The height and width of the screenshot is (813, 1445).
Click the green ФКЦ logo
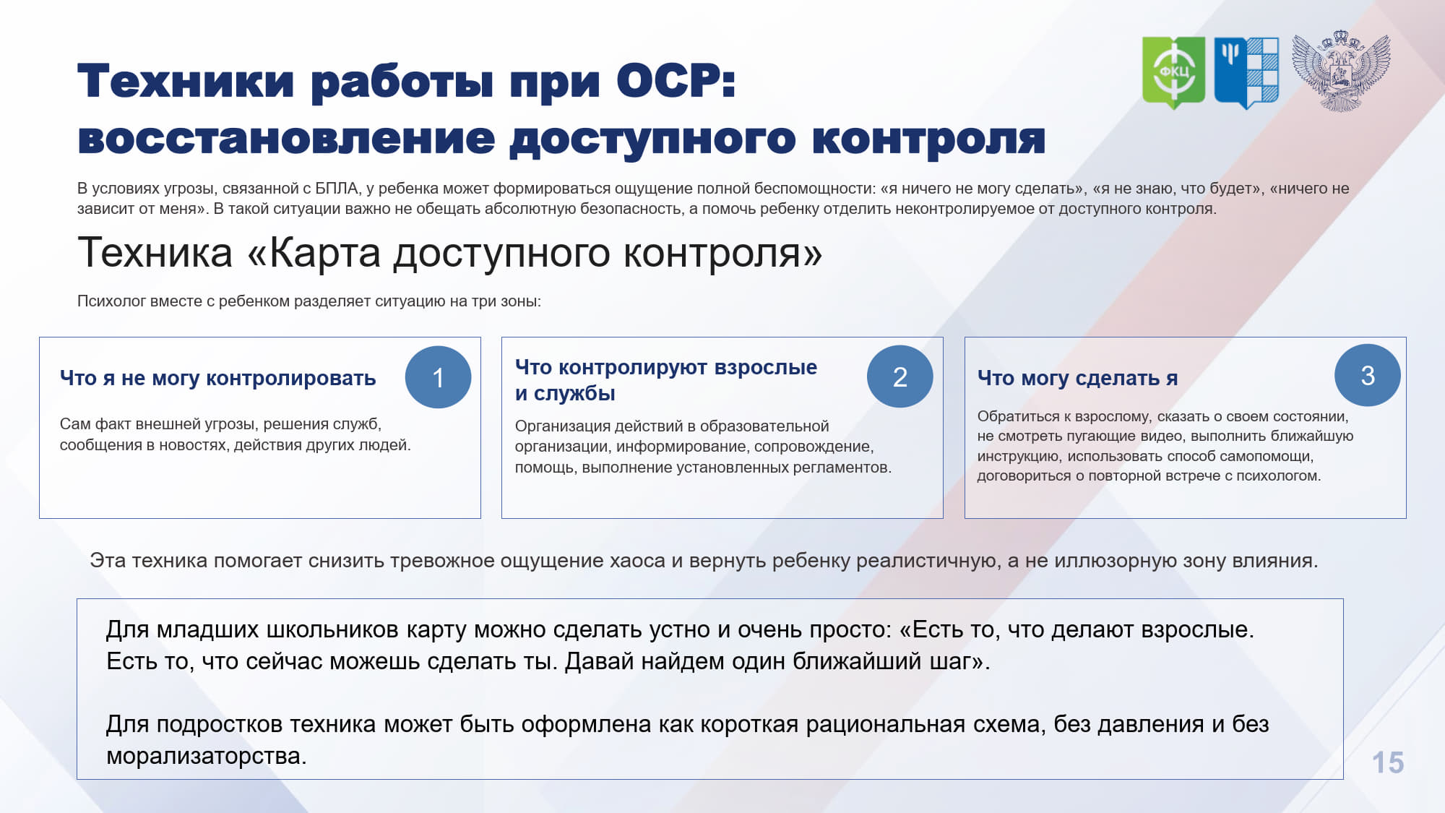tap(1173, 72)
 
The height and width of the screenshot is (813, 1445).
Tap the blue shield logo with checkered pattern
tap(1246, 72)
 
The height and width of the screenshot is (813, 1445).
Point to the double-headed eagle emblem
tap(1341, 71)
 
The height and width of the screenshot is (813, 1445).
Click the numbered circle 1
tap(438, 377)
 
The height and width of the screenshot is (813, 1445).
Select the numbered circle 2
tap(900, 377)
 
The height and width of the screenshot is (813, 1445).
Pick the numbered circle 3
tap(1368, 375)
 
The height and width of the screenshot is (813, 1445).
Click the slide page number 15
tap(1387, 762)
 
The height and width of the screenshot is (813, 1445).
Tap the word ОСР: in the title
tap(676, 80)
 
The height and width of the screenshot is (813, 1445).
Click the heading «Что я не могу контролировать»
tap(217, 378)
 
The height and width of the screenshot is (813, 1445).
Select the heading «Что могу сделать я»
tap(1077, 377)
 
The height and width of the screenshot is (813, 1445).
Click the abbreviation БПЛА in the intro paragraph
tap(337, 189)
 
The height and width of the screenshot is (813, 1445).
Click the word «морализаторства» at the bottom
tap(207, 756)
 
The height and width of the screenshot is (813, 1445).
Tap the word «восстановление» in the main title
tap(286, 139)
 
